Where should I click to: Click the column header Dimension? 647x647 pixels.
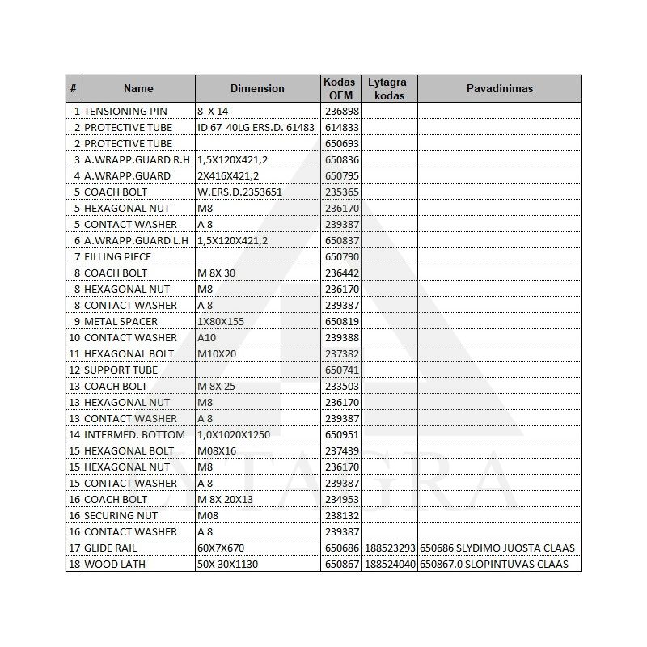pos(257,88)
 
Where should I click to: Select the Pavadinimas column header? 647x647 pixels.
pos(499,88)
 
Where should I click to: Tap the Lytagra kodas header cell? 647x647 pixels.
pos(387,88)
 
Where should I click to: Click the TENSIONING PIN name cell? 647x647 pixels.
pos(126,111)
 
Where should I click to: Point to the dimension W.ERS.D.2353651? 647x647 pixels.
pos(239,192)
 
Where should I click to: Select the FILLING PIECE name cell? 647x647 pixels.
pos(118,256)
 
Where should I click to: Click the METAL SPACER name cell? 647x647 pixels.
pos(121,321)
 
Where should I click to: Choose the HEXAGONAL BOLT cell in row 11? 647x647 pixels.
pos(129,353)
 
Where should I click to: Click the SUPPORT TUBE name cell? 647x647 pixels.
pos(121,370)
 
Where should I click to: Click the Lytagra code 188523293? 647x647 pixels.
pos(390,548)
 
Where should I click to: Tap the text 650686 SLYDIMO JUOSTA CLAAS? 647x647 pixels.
pos(497,548)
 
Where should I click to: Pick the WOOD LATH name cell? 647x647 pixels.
pos(115,564)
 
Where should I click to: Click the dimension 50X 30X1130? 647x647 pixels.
pos(228,564)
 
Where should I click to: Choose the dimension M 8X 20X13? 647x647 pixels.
pos(225,499)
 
